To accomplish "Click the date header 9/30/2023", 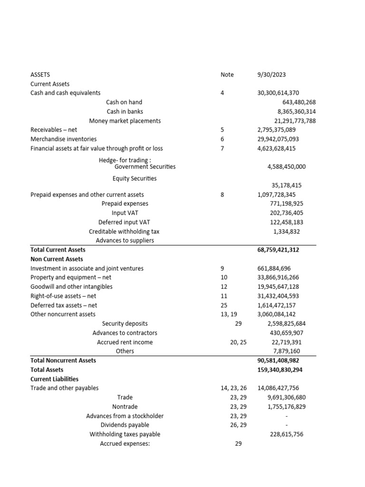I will (x=271, y=75).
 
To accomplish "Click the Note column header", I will (x=227, y=75).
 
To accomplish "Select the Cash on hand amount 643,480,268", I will (x=299, y=102).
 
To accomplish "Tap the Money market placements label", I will (x=125, y=121).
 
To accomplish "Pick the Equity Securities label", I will (x=134, y=179).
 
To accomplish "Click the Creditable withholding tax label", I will (x=124, y=232).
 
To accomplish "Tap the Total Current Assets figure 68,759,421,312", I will (x=278, y=250).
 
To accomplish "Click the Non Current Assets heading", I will (x=57, y=259).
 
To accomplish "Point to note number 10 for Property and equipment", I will (x=224, y=278).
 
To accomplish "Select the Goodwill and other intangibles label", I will (x=71, y=287).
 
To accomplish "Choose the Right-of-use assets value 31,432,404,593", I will (x=278, y=296).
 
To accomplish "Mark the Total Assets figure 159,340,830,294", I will (x=280, y=370).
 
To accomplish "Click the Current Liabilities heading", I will (x=54, y=379).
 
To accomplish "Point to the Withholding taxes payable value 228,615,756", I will (x=286, y=434).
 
